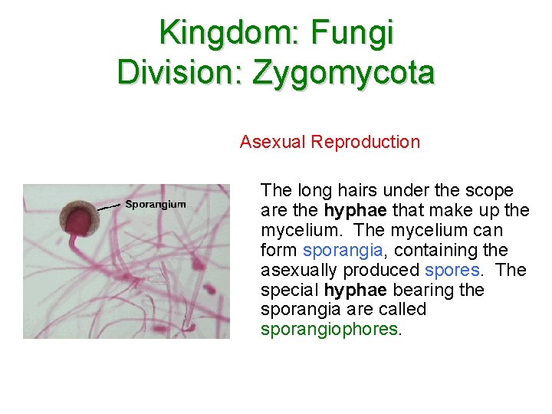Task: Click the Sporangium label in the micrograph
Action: click(x=156, y=204)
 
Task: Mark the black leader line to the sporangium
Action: click(x=108, y=206)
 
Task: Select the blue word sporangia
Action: click(x=332, y=250)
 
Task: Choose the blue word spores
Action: click(x=453, y=270)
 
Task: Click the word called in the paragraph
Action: click(x=404, y=310)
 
